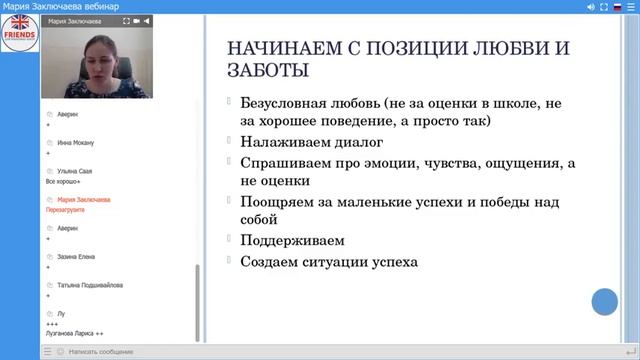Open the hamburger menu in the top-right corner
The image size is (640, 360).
(x=632, y=7)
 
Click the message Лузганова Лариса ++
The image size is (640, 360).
(x=74, y=333)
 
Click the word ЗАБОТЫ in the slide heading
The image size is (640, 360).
(x=268, y=71)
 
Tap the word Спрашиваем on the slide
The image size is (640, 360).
(x=283, y=162)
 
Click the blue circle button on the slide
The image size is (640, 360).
(x=605, y=301)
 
